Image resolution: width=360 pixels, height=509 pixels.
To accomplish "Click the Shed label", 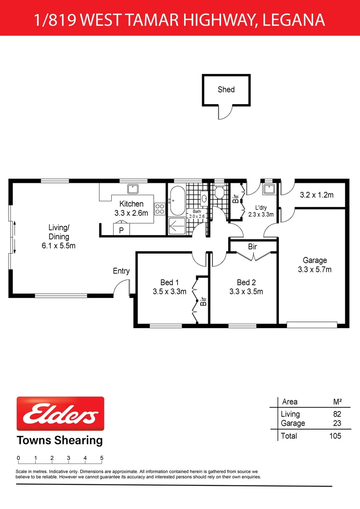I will pyautogui.click(x=226, y=89).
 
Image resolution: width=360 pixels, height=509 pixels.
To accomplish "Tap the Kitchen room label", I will pyautogui.click(x=131, y=204).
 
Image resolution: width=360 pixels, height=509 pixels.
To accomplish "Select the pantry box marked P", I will pyautogui.click(x=121, y=230).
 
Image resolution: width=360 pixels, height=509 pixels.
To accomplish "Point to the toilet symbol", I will pyautogui.click(x=219, y=192).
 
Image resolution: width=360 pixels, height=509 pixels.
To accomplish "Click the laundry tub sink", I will pyautogui.click(x=269, y=189).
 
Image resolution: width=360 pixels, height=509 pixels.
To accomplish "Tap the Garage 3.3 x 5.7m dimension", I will pyautogui.click(x=315, y=270).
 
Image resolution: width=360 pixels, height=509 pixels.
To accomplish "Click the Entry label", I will pyautogui.click(x=121, y=271).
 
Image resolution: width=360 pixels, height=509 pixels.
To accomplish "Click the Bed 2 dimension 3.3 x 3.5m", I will pyautogui.click(x=246, y=291).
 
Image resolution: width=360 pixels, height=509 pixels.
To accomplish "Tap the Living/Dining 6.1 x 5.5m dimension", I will pyautogui.click(x=58, y=246).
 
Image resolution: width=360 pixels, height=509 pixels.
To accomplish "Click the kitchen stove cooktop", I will pyautogui.click(x=160, y=208).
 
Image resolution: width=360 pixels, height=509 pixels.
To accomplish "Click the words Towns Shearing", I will pyautogui.click(x=60, y=441).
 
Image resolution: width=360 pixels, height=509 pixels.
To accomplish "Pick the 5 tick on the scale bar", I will pyautogui.click(x=102, y=459).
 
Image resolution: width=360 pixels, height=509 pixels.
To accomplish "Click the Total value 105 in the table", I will pyautogui.click(x=335, y=436).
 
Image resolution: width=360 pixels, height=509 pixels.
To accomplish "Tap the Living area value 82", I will pyautogui.click(x=336, y=414).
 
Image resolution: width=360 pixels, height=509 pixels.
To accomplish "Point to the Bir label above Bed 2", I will pyautogui.click(x=253, y=246).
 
